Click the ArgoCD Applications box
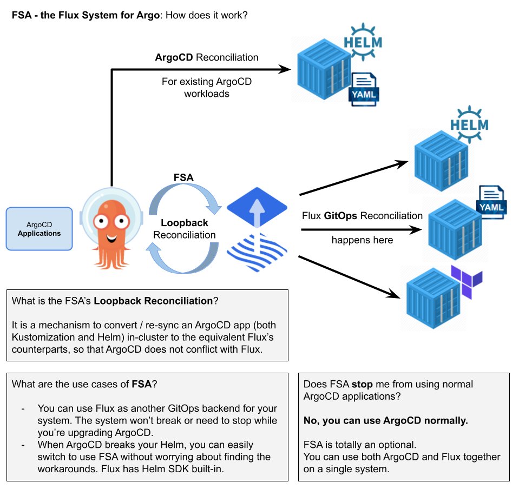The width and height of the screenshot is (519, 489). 39,229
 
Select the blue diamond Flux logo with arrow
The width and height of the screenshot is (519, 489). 257,209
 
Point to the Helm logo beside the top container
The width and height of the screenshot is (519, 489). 363,41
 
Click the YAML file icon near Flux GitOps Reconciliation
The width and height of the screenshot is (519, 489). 491,201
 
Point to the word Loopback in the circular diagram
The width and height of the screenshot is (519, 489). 185,223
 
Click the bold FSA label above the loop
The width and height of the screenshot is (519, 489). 183,177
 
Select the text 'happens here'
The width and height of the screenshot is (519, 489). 363,240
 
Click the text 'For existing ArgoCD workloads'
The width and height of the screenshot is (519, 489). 206,88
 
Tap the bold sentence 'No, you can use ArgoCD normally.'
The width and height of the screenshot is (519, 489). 385,420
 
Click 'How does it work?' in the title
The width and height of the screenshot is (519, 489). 206,15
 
